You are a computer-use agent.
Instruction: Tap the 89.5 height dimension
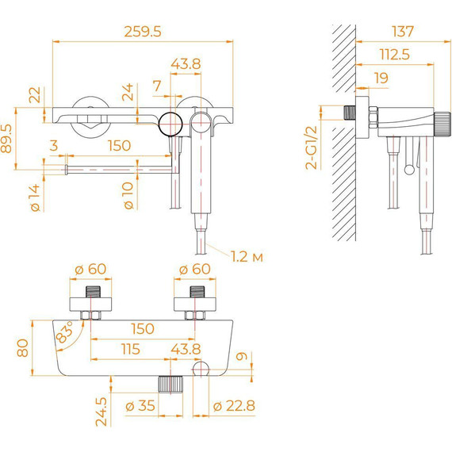coord(8,140)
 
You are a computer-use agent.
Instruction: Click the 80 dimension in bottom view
coord(23,348)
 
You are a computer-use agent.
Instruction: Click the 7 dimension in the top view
coord(156,84)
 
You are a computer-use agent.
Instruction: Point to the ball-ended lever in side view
coord(408,159)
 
